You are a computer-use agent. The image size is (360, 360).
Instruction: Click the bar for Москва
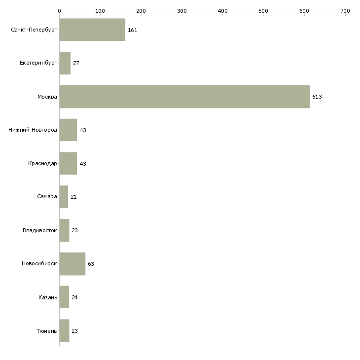(x=184, y=97)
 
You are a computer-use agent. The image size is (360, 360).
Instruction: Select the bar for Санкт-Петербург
(x=92, y=30)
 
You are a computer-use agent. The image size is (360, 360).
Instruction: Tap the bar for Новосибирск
(x=72, y=264)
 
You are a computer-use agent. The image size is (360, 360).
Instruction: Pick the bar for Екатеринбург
(x=65, y=63)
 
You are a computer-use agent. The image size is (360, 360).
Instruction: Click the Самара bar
(x=64, y=197)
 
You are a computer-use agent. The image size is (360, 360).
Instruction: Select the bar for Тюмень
(x=64, y=330)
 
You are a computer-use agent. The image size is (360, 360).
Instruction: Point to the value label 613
(x=317, y=97)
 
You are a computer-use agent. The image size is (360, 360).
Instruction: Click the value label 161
(x=133, y=30)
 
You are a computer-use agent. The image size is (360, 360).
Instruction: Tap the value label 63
(x=91, y=264)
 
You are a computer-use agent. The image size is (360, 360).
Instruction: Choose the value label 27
(x=76, y=63)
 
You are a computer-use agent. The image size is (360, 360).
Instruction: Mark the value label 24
(x=74, y=297)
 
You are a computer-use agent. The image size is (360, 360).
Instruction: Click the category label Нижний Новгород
(x=33, y=130)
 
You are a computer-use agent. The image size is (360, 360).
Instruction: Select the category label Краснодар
(x=42, y=163)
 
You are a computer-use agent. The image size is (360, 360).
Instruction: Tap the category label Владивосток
(x=40, y=230)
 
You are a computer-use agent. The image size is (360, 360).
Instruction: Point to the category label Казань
(x=48, y=297)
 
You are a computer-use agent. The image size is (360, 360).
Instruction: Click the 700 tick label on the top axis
(x=345, y=11)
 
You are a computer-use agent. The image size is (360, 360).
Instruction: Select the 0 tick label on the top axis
(x=60, y=11)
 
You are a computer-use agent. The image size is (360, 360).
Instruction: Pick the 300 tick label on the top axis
(x=182, y=11)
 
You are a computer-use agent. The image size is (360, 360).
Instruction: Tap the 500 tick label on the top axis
(x=263, y=11)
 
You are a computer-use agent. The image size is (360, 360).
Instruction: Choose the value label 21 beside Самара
(x=73, y=197)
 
